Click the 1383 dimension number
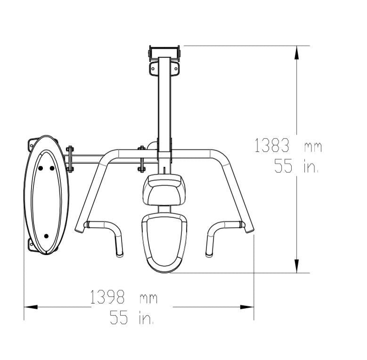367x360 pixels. pyautogui.click(x=272, y=145)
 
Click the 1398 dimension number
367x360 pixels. pyautogui.click(x=107, y=297)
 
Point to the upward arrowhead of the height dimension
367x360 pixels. pyautogui.click(x=296, y=53)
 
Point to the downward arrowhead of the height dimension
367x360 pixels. pyautogui.click(x=296, y=266)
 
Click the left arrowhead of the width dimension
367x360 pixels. pyautogui.click(x=31, y=307)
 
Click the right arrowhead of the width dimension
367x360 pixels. pyautogui.click(x=247, y=307)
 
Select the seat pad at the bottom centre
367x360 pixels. pyautogui.click(x=164, y=243)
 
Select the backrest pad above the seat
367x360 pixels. pyautogui.click(x=164, y=190)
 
